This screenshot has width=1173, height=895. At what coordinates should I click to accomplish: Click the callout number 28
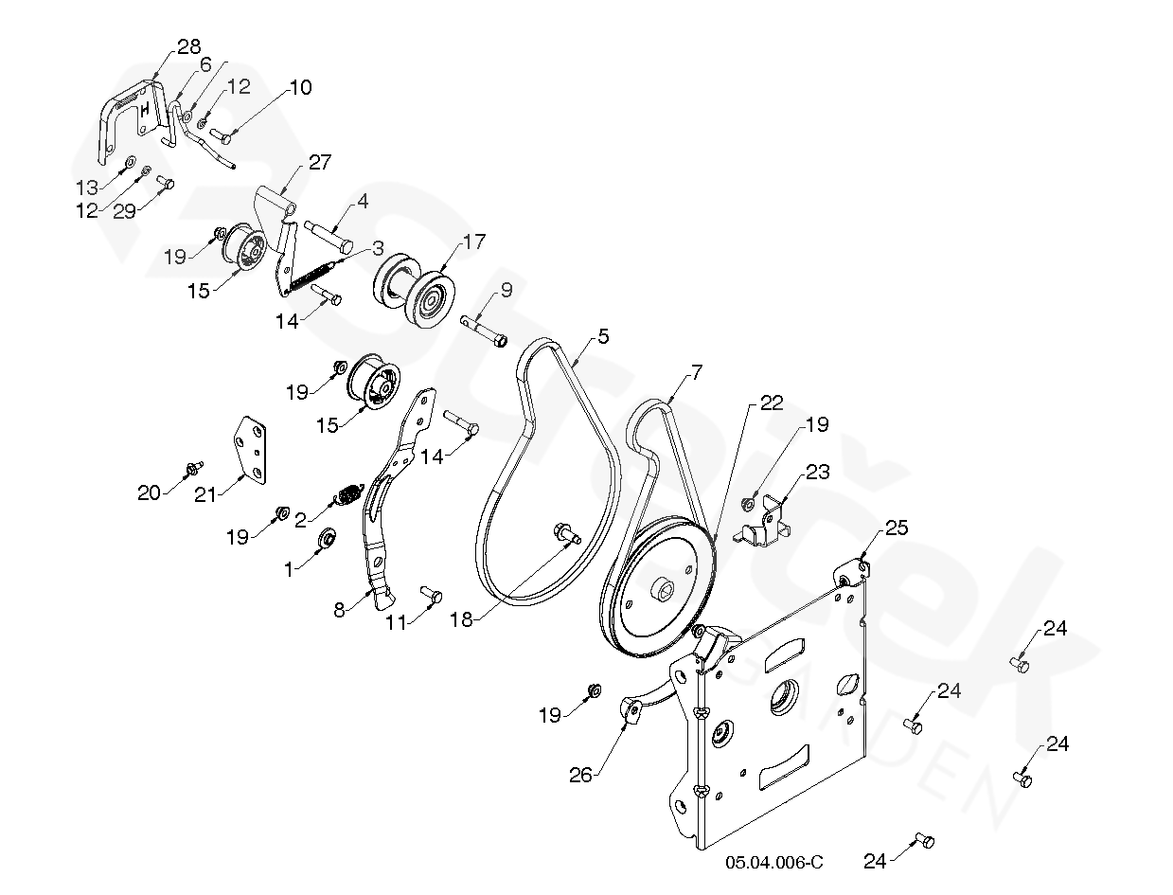coord(188,47)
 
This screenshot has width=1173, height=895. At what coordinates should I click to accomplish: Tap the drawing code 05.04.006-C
coord(774,862)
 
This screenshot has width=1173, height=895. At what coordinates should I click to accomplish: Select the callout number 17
coord(473,242)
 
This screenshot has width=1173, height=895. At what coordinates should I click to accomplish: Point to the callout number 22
coord(772,403)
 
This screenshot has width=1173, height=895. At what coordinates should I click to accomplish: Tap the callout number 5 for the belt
coord(602,336)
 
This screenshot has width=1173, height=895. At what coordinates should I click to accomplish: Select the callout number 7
coord(697,372)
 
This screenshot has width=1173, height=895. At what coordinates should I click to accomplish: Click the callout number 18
coord(461,619)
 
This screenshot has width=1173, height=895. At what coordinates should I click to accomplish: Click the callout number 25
coord(896,528)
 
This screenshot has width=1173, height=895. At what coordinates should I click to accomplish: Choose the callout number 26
coord(580,775)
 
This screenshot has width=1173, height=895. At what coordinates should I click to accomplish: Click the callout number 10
coord(300,88)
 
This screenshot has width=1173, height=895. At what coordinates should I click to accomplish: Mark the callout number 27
coord(319,162)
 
